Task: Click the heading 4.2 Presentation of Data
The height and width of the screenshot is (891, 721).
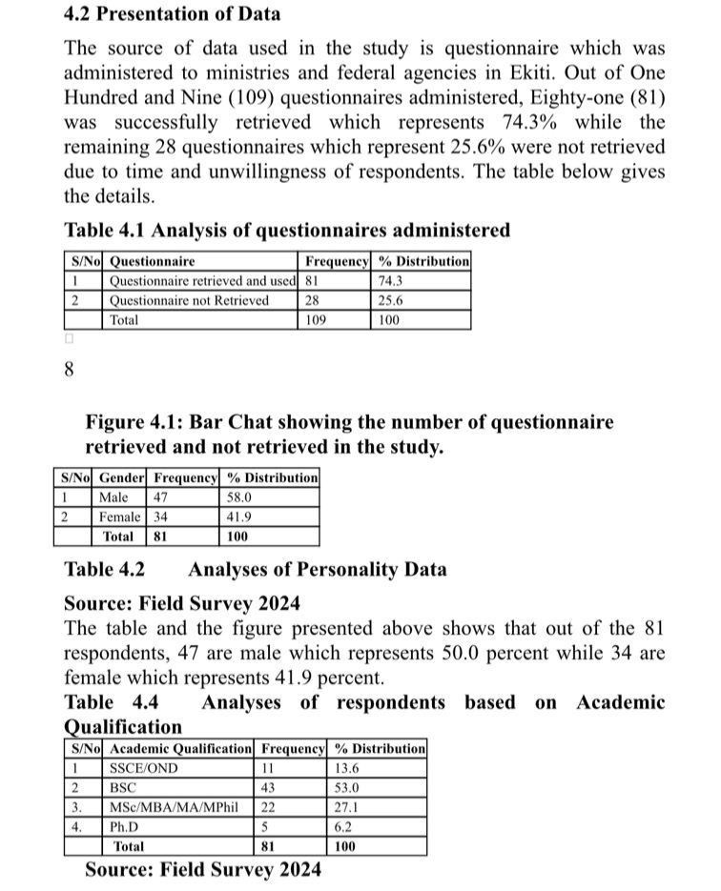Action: (x=172, y=14)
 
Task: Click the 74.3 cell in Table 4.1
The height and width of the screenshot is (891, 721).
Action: (x=390, y=281)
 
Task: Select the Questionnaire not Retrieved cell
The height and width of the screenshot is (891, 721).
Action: (x=189, y=300)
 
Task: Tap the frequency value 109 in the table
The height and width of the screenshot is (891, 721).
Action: (x=316, y=320)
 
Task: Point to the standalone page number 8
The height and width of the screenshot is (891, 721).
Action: (x=69, y=371)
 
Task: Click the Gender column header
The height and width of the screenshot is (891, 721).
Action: (x=122, y=477)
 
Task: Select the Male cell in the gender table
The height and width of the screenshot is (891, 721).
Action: (x=113, y=496)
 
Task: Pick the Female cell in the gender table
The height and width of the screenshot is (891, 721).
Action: (x=120, y=516)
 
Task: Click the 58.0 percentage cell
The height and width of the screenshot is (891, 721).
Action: (x=238, y=496)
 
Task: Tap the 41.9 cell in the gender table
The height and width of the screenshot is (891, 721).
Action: (x=238, y=516)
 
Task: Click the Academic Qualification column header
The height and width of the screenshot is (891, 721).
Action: (x=181, y=749)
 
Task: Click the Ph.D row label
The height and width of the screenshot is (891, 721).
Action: (x=124, y=826)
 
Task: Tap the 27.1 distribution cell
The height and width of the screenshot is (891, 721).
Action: (x=346, y=807)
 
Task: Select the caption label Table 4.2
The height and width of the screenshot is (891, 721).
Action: (x=104, y=570)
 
